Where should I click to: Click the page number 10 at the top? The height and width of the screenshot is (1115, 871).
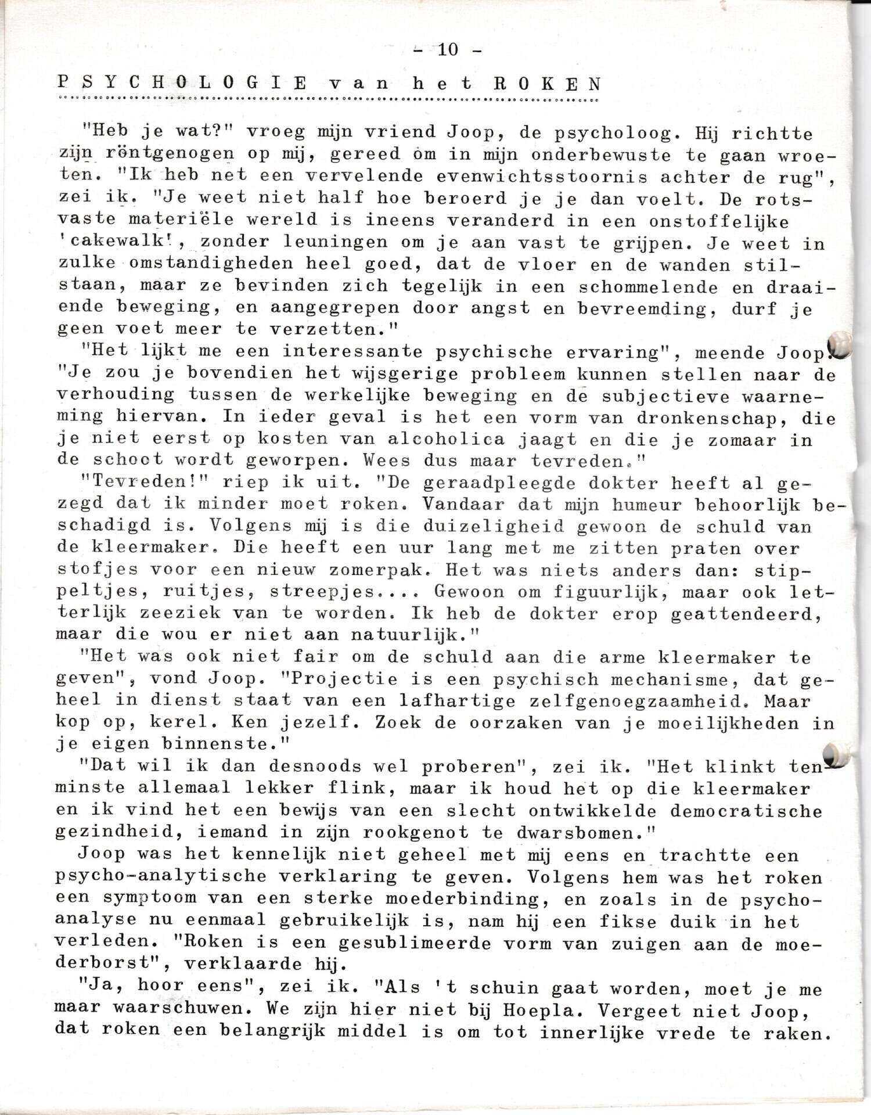[x=448, y=50]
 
